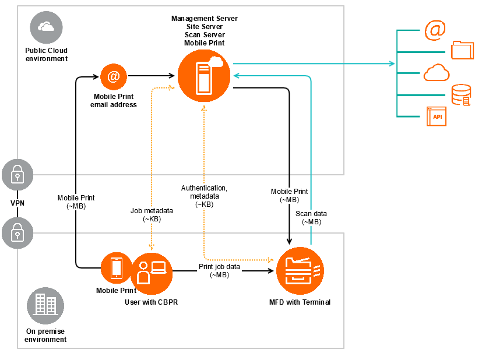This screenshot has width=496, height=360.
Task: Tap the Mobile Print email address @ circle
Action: tap(114, 76)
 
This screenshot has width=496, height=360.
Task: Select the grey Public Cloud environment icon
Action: tap(46, 27)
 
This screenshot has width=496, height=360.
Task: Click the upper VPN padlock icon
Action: tap(17, 174)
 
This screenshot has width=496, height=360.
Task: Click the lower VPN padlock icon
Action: tap(17, 233)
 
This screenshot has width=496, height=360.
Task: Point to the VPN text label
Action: tap(17, 203)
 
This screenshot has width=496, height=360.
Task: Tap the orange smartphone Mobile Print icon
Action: tap(116, 267)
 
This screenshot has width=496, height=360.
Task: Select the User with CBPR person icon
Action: tap(152, 273)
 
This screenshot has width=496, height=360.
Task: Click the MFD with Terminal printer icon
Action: tap(300, 271)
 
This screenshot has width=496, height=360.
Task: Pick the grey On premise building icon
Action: tap(45, 305)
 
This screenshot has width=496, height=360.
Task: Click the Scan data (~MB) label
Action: tap(312, 217)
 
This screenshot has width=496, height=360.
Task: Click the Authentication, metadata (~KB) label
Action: tap(204, 196)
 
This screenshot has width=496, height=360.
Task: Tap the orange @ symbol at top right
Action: tap(435, 30)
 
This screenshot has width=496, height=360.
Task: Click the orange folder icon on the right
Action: tap(463, 50)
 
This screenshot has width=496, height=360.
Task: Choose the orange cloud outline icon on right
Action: tap(437, 73)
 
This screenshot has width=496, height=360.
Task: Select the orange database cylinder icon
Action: tap(461, 95)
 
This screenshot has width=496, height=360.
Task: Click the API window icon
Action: tap(436, 117)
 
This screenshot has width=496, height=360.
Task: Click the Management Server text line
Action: tap(204, 19)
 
